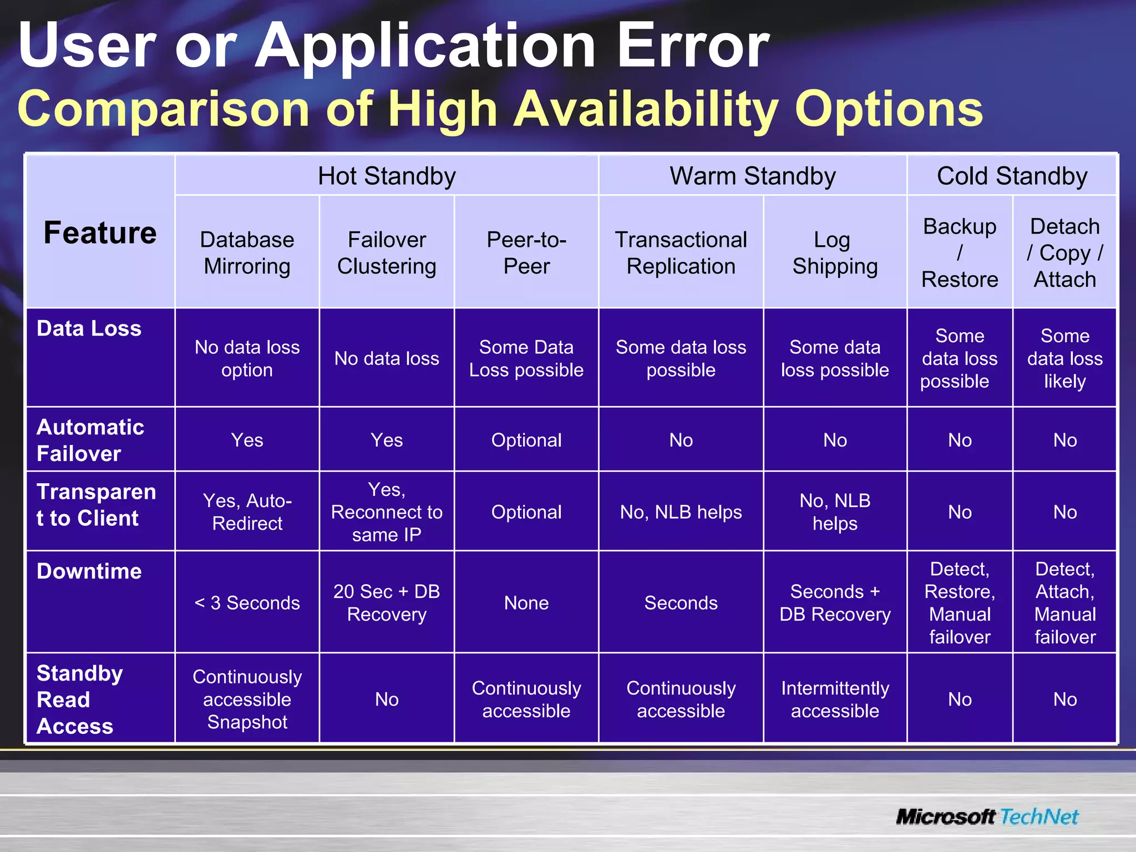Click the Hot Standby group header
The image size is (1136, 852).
coord(387,176)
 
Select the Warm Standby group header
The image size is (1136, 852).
coord(752,176)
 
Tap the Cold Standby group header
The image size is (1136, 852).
coord(1012,176)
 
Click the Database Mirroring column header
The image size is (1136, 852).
coord(247,253)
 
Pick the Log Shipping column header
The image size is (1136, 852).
coord(835,253)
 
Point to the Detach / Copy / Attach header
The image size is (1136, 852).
coord(1064,253)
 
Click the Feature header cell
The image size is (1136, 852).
coord(100,232)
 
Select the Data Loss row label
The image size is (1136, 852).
coord(89,328)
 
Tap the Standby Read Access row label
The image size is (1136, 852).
coord(79,699)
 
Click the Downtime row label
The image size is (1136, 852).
coord(89,571)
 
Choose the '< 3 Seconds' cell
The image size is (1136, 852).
coord(247,603)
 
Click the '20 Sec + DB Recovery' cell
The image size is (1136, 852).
coord(387,603)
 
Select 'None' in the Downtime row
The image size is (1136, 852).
coord(526,603)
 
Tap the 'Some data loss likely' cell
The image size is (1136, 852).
coord(1064,358)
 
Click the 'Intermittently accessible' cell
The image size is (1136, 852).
coord(835,699)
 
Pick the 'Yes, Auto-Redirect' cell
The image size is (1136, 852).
coord(247,512)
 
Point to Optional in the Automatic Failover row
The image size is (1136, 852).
coord(526,440)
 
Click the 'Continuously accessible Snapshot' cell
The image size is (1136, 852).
coord(247,699)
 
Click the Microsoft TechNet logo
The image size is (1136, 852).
coord(987,816)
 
